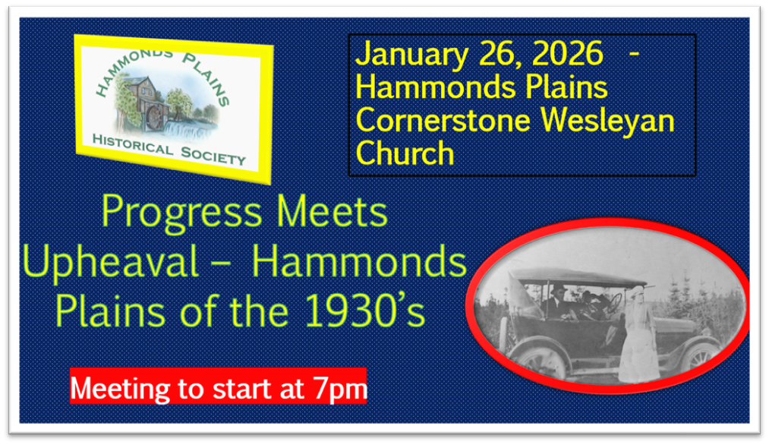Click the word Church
[405, 153]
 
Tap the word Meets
[332, 211]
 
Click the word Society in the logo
[213, 155]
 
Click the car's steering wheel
[614, 304]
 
